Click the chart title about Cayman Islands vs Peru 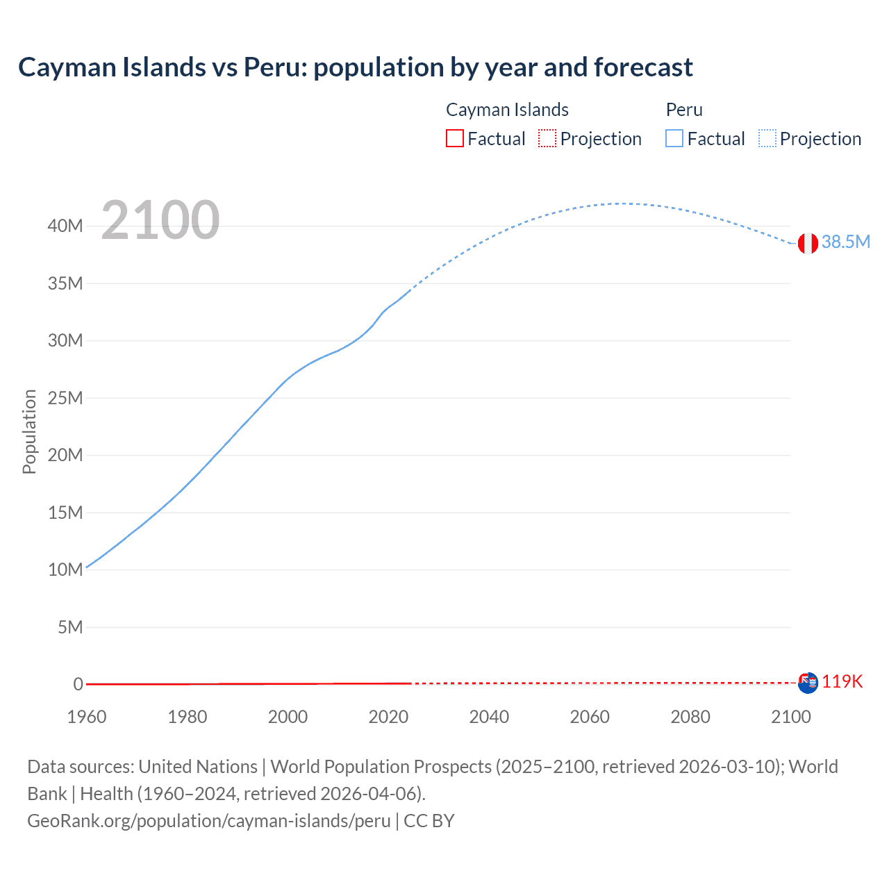[355, 67]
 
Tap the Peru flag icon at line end [807, 243]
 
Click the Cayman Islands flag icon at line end [808, 683]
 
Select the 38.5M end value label [845, 242]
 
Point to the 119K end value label [842, 681]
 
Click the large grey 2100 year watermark [160, 220]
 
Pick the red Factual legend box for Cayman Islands [454, 139]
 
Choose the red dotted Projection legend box [547, 139]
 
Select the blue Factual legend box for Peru [674, 139]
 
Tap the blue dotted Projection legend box [767, 139]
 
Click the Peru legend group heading [684, 110]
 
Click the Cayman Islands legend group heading [507, 110]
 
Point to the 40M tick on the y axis [65, 226]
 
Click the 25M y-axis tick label [65, 398]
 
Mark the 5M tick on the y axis [69, 627]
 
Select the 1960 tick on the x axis [87, 717]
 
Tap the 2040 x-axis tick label [489, 717]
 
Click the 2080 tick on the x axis [690, 717]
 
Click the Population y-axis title [29, 431]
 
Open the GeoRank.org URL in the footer [209, 821]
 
